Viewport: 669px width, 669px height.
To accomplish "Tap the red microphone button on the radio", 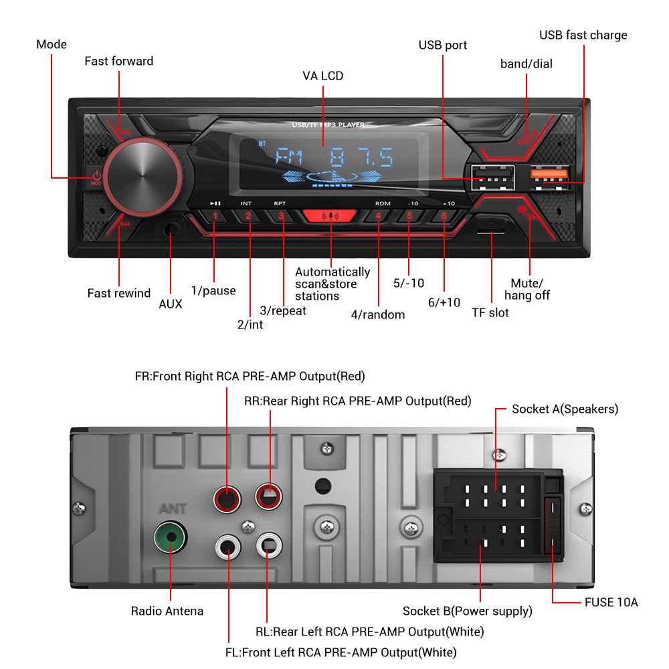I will point(331,217).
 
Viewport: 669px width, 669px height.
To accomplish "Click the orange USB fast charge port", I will point(549,175).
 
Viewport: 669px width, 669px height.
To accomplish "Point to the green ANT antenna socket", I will point(170,537).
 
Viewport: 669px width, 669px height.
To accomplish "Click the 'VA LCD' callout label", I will point(322,76).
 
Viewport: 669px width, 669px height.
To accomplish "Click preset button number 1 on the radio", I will point(215,216).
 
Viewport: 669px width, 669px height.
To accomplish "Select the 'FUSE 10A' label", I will point(611,602).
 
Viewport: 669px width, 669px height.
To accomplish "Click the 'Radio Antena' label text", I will point(167,611).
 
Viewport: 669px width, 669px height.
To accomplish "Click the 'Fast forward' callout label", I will point(118,61).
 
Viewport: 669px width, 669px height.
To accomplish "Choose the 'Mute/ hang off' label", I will point(527,289).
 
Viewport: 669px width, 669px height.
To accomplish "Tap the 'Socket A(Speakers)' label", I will point(565,408).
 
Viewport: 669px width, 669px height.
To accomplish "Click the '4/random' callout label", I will point(377,314).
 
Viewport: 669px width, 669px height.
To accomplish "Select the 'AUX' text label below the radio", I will point(170,304).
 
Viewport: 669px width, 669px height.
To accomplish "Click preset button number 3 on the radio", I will point(281,216).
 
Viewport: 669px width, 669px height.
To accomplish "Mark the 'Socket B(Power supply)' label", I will point(467,611).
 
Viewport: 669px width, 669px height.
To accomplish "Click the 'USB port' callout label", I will point(442,45).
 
